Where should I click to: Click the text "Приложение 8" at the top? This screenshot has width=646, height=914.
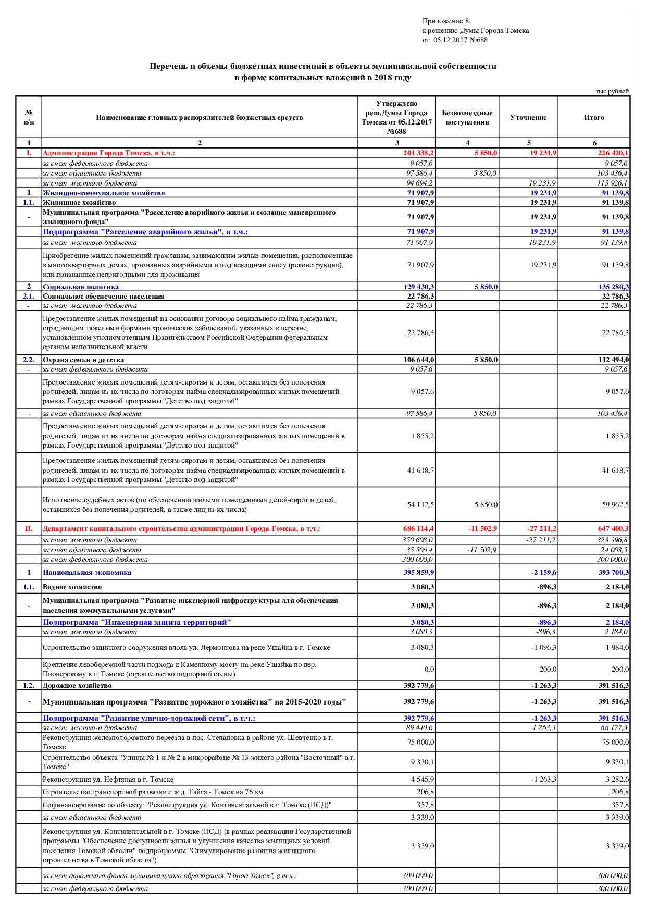point(445,21)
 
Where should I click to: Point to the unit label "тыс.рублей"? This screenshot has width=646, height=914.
point(612,91)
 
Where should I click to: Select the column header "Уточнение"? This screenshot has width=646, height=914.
point(528,118)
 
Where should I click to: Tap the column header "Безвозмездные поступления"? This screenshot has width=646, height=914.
point(467,118)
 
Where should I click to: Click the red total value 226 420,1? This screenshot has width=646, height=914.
point(613,153)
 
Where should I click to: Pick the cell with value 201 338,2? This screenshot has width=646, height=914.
point(418,153)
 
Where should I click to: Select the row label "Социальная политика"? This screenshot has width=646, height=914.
point(81,287)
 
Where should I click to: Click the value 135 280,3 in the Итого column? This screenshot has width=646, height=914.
point(613,287)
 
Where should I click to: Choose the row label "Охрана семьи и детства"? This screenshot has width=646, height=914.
point(83,360)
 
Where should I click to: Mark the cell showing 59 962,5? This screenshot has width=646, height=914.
point(615,504)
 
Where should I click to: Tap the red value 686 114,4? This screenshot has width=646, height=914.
point(418,528)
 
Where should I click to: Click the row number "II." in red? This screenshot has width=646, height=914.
point(29,528)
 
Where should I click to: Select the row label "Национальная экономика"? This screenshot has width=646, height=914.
point(87,572)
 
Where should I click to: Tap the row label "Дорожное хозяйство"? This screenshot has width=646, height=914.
point(77,685)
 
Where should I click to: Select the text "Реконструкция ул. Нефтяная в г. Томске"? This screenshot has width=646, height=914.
point(108,779)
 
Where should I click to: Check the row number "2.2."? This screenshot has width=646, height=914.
point(29,360)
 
